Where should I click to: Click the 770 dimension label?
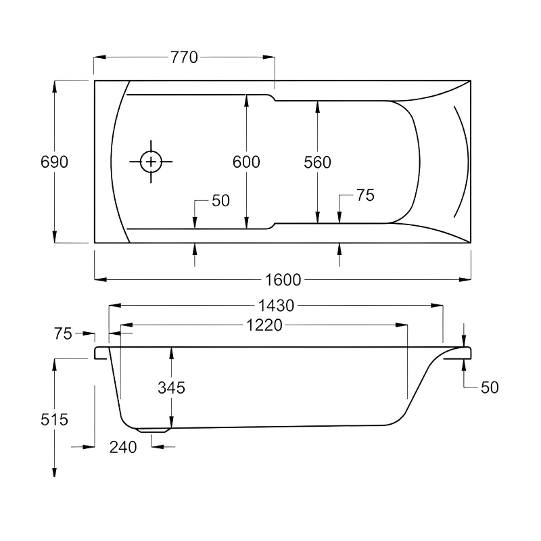click(184, 57)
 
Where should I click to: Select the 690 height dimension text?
click(54, 162)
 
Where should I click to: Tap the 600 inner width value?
click(246, 162)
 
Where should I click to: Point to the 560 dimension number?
click(317, 162)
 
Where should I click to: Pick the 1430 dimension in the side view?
click(275, 306)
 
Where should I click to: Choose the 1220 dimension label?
click(264, 326)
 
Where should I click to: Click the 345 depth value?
click(171, 387)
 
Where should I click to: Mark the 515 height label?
click(54, 419)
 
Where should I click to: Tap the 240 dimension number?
click(123, 447)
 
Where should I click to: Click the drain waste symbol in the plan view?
click(151, 162)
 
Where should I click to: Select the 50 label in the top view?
click(221, 201)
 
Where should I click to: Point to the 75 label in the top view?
click(365, 195)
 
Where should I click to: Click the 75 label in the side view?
click(63, 333)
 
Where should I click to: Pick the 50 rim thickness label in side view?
click(489, 387)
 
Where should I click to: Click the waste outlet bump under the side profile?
click(154, 429)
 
